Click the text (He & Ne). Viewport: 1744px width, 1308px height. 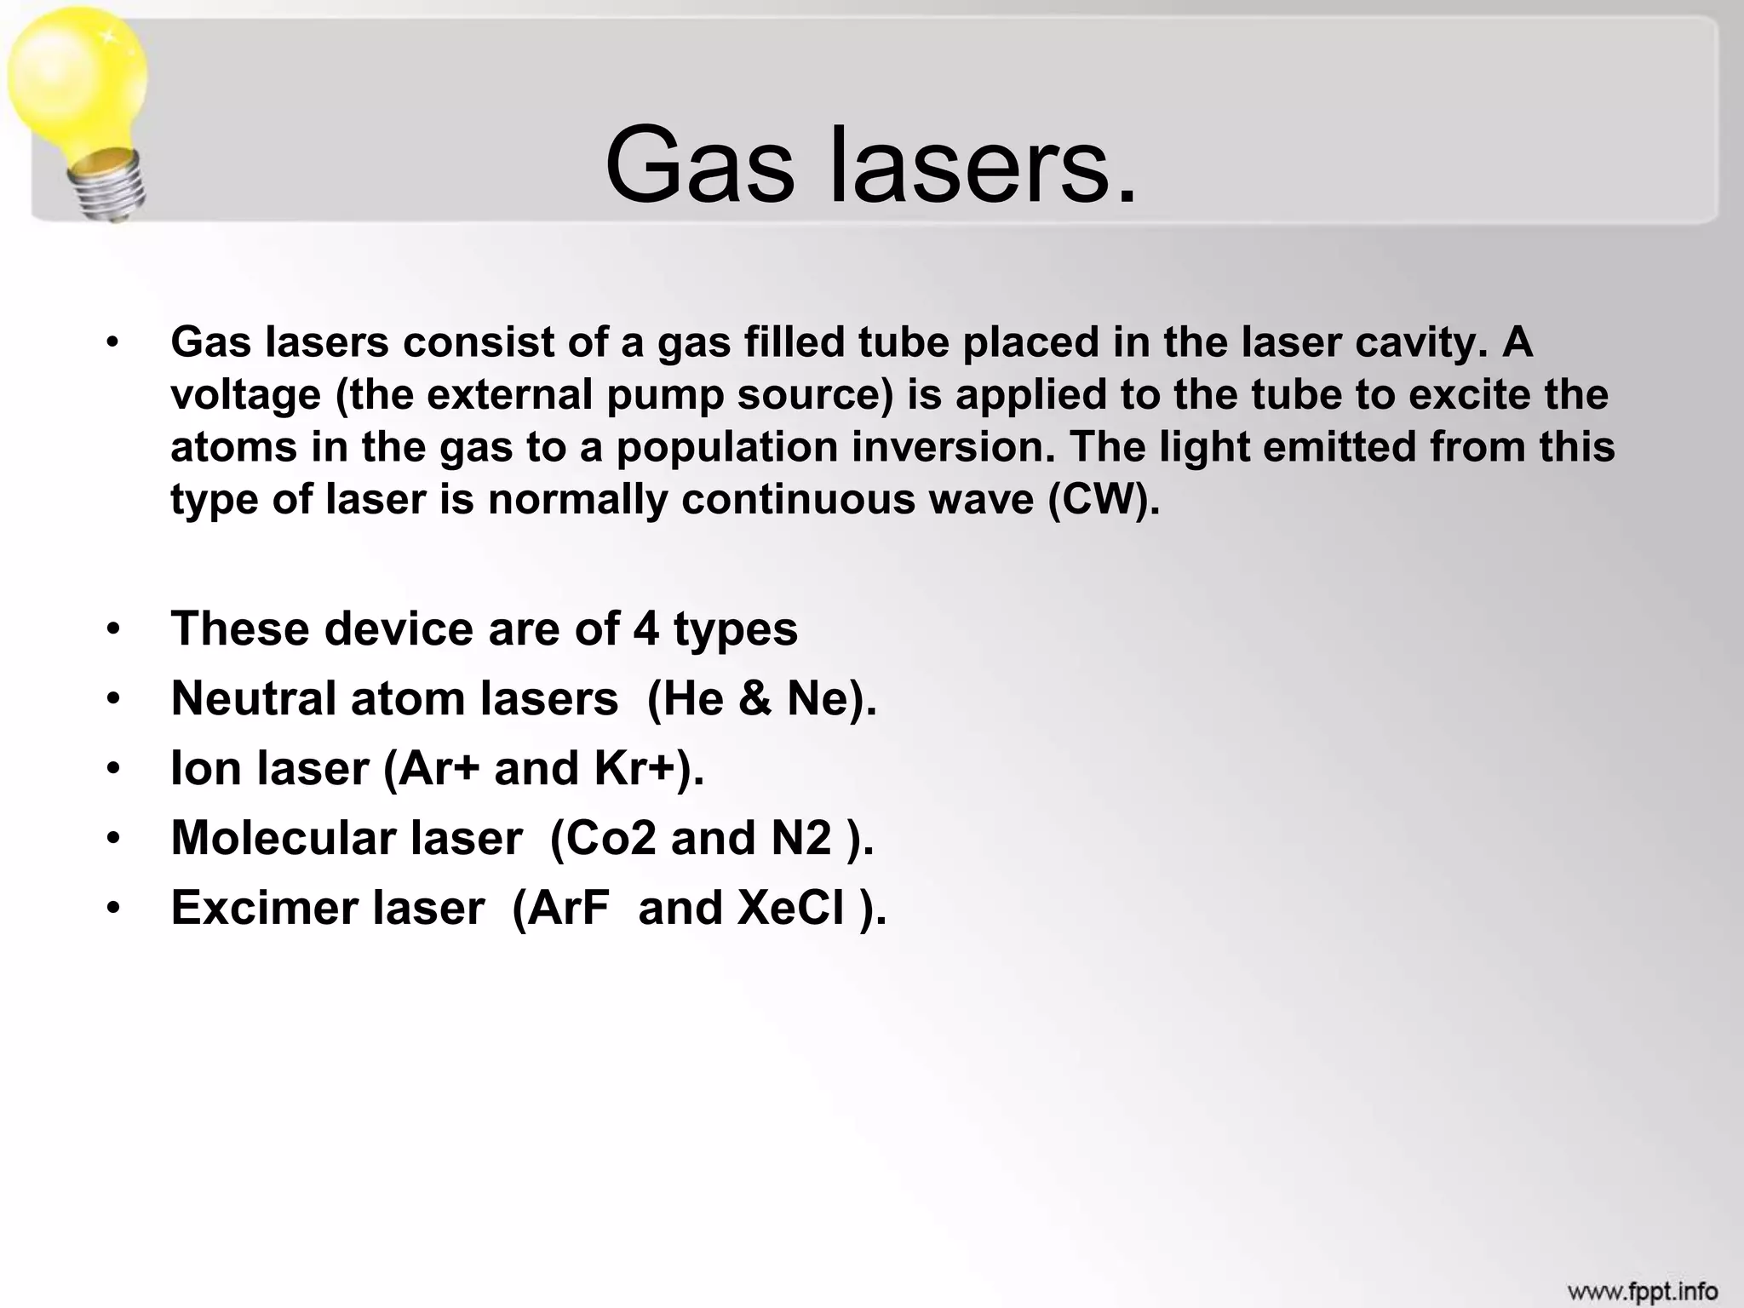(x=761, y=699)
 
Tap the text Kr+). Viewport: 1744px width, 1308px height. (x=649, y=769)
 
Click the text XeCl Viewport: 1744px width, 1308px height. (x=791, y=909)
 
